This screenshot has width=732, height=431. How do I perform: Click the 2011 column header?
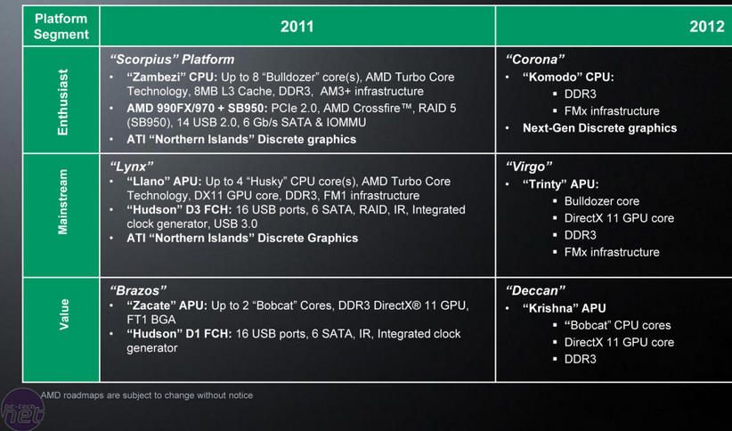(x=297, y=26)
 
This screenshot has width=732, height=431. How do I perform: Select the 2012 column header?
(x=707, y=26)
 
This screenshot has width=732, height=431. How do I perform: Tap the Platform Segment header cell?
(x=61, y=26)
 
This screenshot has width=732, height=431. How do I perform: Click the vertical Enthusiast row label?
(x=62, y=102)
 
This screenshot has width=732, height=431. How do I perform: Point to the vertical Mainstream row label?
(x=62, y=202)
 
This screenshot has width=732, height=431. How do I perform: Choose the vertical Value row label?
(x=63, y=314)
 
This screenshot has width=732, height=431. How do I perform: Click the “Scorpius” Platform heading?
(x=172, y=60)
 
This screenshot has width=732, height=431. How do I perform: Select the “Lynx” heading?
(x=132, y=167)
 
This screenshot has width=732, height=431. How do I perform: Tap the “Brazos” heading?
(x=138, y=290)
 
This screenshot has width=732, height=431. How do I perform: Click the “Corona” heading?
(x=535, y=60)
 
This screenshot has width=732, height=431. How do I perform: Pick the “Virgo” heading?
(x=529, y=167)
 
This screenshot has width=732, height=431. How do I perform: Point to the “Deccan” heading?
(x=535, y=290)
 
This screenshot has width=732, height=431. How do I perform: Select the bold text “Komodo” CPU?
(x=568, y=77)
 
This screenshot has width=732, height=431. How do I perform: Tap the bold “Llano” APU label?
(x=164, y=181)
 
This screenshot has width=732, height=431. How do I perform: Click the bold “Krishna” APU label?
(x=564, y=308)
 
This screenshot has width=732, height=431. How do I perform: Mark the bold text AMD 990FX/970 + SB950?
(x=197, y=109)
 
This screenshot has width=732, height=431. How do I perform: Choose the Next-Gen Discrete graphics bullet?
(x=599, y=128)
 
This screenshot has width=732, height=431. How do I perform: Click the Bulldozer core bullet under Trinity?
(x=601, y=201)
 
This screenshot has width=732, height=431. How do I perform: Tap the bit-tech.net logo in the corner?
(x=22, y=410)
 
